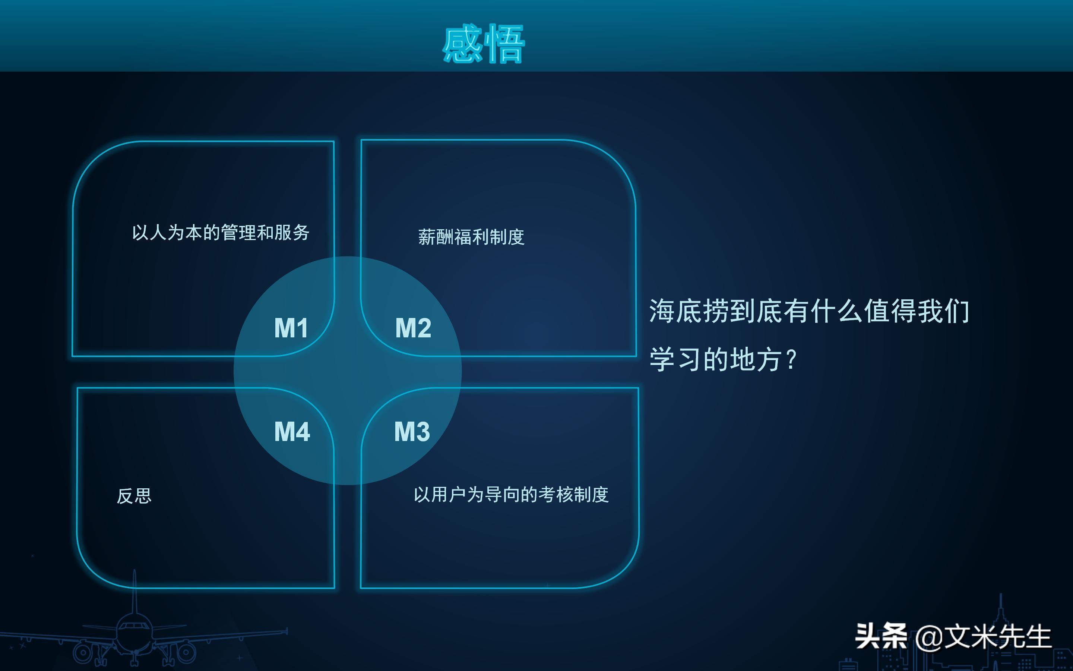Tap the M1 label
pyautogui.click(x=291, y=328)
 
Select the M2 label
pyautogui.click(x=413, y=328)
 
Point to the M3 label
pyautogui.click(x=412, y=431)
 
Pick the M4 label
pyautogui.click(x=292, y=431)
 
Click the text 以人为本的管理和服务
pyautogui.click(x=220, y=233)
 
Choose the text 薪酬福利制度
pyautogui.click(x=471, y=237)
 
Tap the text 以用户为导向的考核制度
pyautogui.click(x=511, y=494)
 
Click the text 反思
pyautogui.click(x=134, y=496)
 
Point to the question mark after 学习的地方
pyautogui.click(x=791, y=359)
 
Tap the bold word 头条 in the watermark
pyautogui.click(x=881, y=636)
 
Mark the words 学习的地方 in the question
pyautogui.click(x=715, y=359)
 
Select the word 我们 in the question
pyautogui.click(x=943, y=311)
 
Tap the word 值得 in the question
pyautogui.click(x=890, y=311)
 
